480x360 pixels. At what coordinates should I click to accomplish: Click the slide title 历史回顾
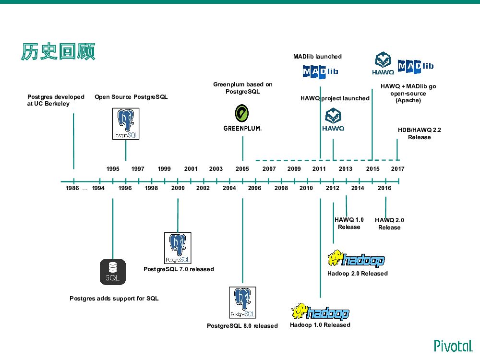(x=58, y=52)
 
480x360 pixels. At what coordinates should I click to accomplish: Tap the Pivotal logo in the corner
(x=453, y=346)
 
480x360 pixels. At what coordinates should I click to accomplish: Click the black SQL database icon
(x=113, y=272)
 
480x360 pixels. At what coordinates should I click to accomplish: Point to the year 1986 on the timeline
(x=72, y=188)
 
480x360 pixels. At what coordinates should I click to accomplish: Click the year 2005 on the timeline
(x=242, y=169)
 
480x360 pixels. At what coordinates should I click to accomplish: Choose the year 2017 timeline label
(x=397, y=169)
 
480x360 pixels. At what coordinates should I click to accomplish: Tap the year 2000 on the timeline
(x=178, y=188)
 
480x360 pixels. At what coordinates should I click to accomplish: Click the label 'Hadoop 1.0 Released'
(x=320, y=325)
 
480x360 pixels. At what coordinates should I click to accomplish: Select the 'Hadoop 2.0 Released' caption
(x=357, y=274)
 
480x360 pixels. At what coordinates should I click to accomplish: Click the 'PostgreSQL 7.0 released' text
(x=179, y=269)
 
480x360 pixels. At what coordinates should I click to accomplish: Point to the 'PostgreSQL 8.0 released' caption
(x=242, y=326)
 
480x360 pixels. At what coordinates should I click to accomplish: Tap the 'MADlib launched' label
(x=317, y=57)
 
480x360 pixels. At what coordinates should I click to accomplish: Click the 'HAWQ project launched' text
(x=335, y=98)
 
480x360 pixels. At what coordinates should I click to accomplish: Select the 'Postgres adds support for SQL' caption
(x=114, y=299)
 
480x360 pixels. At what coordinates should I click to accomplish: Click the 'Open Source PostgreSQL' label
(x=131, y=97)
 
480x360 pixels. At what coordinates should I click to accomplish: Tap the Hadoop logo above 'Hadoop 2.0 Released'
(x=356, y=259)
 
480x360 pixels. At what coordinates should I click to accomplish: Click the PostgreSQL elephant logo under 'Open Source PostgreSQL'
(x=125, y=124)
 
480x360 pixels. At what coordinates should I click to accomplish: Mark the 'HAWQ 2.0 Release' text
(x=389, y=224)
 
